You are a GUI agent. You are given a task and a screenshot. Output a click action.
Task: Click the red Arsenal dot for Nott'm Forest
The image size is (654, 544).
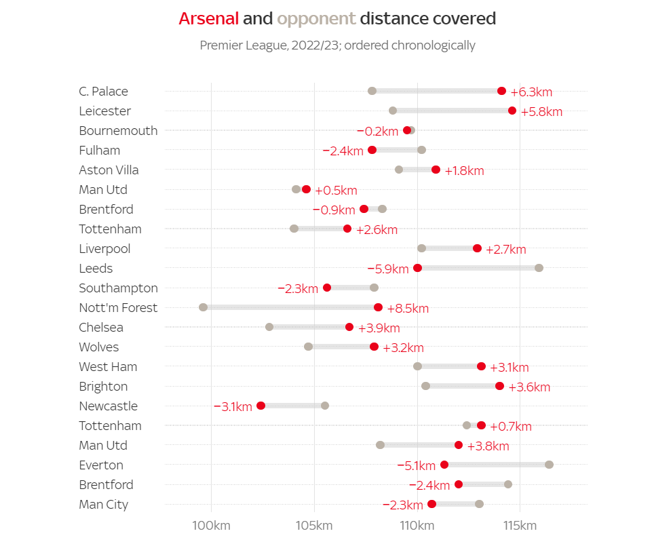click(378, 308)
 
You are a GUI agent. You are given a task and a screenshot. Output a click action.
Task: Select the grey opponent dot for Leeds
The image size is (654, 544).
click(539, 268)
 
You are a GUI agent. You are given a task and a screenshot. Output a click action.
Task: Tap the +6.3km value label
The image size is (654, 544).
click(531, 92)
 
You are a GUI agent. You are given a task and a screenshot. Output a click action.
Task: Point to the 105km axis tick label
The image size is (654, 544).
click(314, 526)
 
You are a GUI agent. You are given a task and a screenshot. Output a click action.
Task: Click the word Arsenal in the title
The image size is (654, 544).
click(208, 18)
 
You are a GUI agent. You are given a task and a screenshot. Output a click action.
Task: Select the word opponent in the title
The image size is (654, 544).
click(316, 18)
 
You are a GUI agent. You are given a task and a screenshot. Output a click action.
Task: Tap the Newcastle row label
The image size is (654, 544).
click(108, 406)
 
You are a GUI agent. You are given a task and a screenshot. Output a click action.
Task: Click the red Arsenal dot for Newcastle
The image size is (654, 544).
click(261, 406)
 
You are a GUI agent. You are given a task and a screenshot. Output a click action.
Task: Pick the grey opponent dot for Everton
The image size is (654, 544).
click(549, 465)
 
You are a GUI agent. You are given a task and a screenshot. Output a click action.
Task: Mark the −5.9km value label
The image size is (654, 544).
click(388, 269)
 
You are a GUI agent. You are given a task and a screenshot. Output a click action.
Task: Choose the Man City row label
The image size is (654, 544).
click(103, 505)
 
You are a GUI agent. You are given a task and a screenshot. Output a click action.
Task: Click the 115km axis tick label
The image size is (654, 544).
click(520, 526)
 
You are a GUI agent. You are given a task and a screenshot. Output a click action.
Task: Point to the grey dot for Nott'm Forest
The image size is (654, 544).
click(203, 307)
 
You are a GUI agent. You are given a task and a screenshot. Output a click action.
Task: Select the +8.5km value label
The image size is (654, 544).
click(408, 309)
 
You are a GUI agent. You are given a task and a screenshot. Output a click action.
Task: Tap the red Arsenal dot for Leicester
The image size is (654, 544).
click(512, 111)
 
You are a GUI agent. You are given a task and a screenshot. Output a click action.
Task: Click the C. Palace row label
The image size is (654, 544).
click(103, 92)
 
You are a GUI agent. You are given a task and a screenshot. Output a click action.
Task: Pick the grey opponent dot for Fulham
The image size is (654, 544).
click(421, 150)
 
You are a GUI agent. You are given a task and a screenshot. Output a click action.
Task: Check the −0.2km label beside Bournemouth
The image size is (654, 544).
click(377, 131)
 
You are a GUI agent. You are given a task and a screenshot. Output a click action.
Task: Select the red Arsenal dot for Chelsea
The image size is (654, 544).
click(349, 327)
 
